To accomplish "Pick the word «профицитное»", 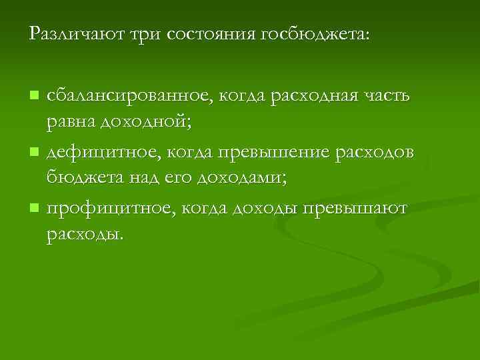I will [107, 209].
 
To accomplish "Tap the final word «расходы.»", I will [85, 235].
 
